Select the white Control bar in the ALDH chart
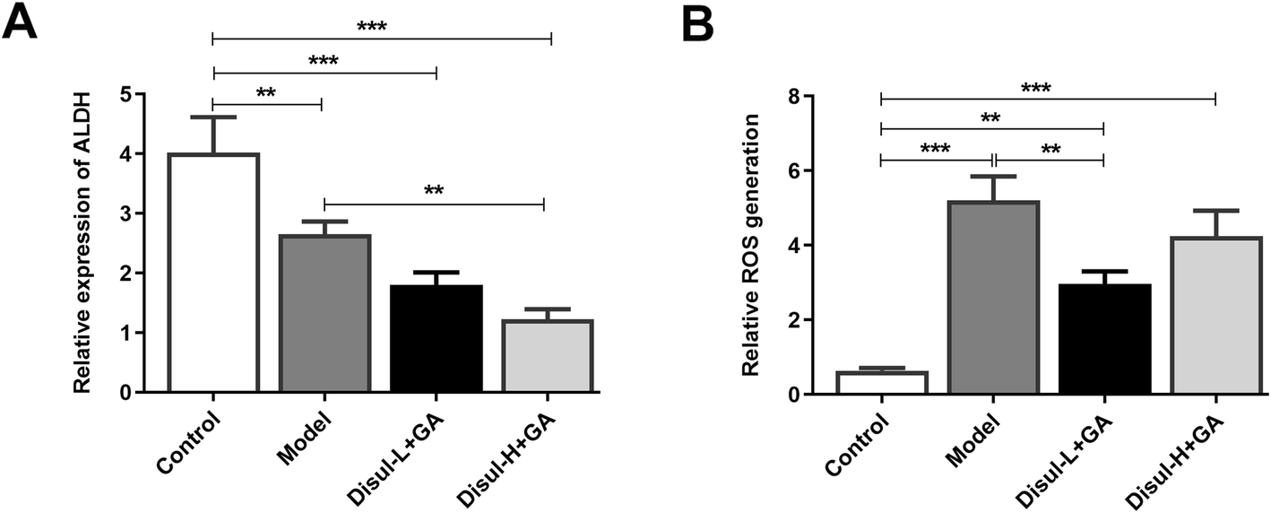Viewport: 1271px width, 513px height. (x=212, y=273)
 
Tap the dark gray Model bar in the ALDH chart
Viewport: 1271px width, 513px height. (x=324, y=314)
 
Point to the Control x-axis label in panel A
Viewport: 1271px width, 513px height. (x=189, y=441)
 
